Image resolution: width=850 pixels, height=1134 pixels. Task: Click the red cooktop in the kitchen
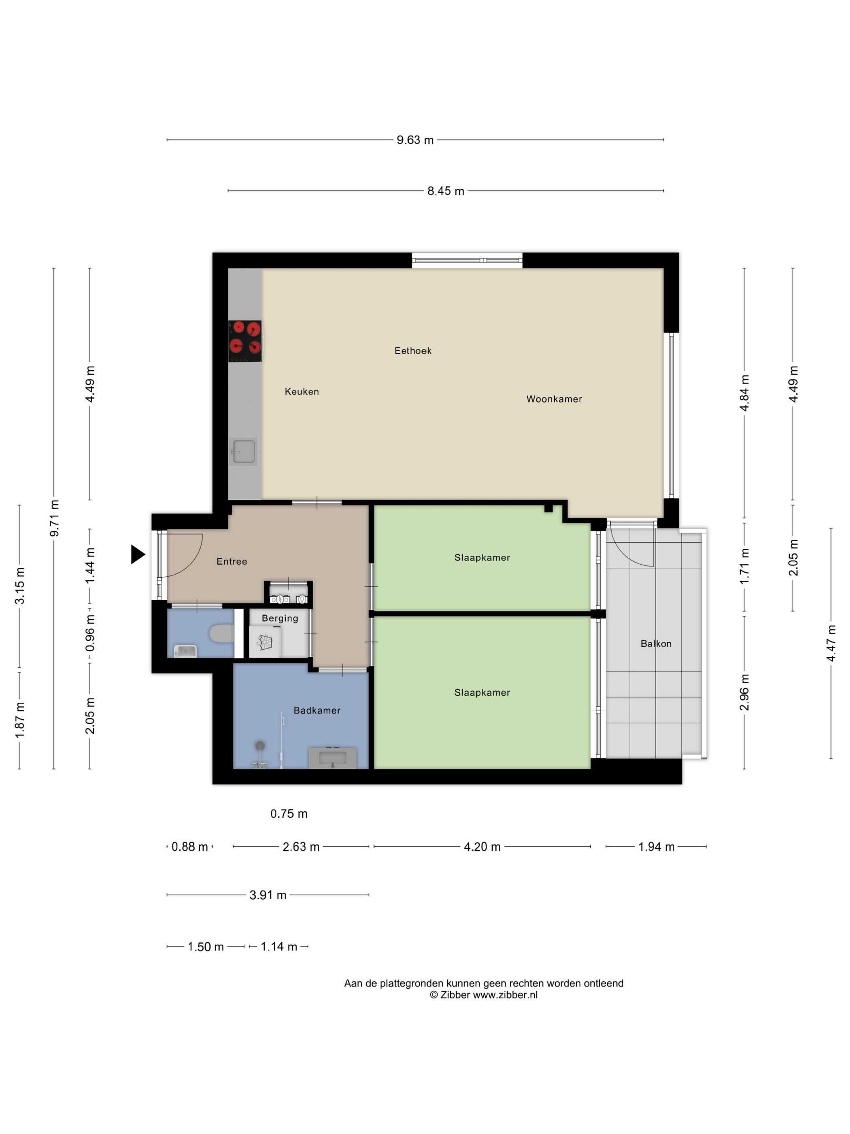click(x=245, y=341)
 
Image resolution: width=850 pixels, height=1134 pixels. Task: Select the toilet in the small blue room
click(x=222, y=634)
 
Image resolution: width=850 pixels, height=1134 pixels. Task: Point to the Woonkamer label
click(x=554, y=399)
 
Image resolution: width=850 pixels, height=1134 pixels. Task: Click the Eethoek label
click(x=413, y=351)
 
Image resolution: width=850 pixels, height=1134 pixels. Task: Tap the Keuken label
click(x=302, y=392)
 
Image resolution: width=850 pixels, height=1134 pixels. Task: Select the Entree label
click(x=232, y=561)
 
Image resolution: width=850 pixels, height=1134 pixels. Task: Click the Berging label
click(x=280, y=618)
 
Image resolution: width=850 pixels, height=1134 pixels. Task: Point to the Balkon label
click(x=656, y=644)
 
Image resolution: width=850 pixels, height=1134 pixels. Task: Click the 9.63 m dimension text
click(x=415, y=140)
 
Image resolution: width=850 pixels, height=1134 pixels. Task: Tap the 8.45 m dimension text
click(x=446, y=191)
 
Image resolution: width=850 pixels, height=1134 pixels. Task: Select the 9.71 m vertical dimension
click(x=54, y=518)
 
